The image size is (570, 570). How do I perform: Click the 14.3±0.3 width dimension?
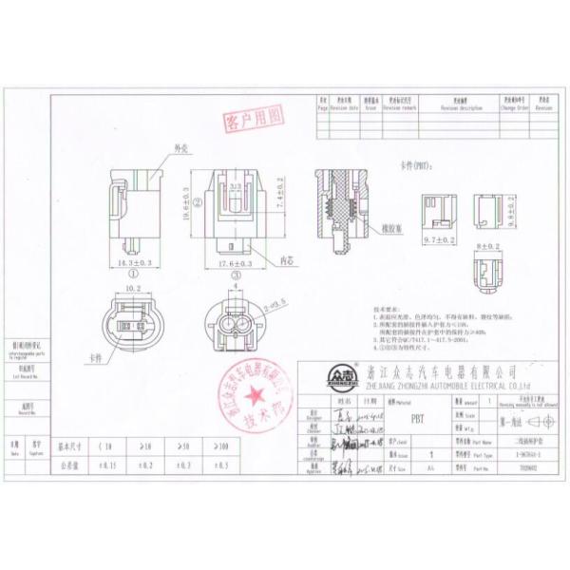point(132,260)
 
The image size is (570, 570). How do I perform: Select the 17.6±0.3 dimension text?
point(232,262)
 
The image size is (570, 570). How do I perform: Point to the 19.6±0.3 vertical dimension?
point(187,202)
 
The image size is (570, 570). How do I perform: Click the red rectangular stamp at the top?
point(254,119)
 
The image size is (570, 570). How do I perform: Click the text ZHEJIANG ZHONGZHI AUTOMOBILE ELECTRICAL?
point(446,387)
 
